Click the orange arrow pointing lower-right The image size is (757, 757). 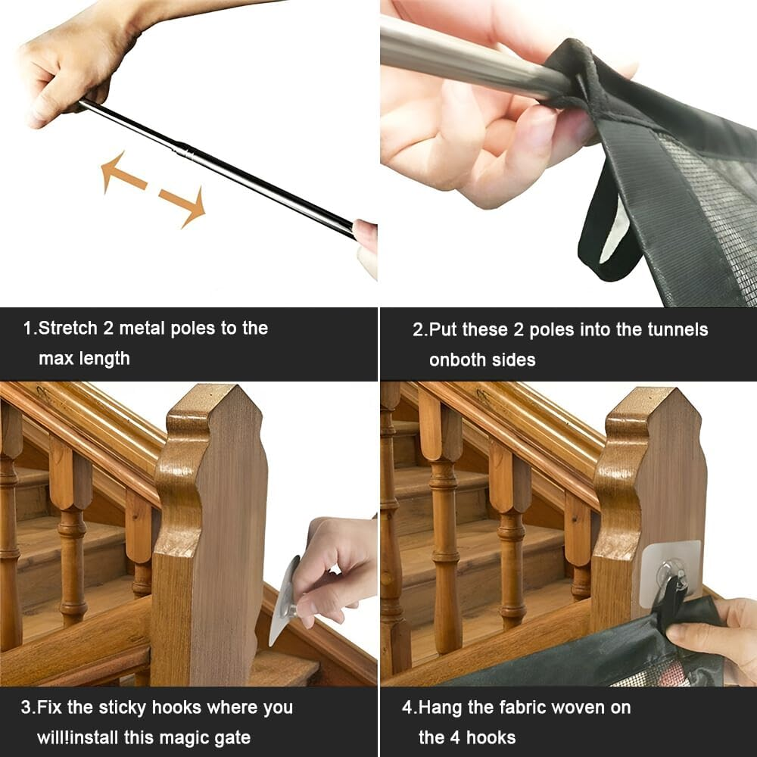(x=183, y=206)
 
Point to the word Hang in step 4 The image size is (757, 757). (x=441, y=708)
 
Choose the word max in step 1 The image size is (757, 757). (x=56, y=359)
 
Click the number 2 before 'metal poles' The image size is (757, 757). (x=107, y=329)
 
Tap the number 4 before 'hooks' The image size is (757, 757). (x=455, y=738)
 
